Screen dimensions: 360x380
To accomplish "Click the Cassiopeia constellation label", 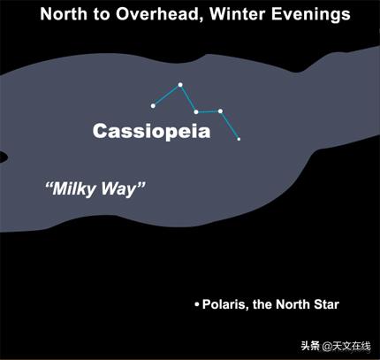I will pyautogui.click(x=152, y=132).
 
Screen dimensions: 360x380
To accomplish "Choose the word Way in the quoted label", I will pyautogui.click(x=124, y=189).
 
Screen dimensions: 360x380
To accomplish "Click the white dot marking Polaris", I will pyautogui.click(x=197, y=305).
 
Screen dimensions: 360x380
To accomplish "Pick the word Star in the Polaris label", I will pyautogui.click(x=324, y=305).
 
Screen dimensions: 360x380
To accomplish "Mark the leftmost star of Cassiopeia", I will pyautogui.click(x=153, y=106).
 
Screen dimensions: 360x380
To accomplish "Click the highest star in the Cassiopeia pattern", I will pyautogui.click(x=179, y=85).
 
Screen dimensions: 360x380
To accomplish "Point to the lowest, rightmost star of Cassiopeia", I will pyautogui.click(x=239, y=139).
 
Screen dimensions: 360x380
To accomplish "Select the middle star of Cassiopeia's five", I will pyautogui.click(x=196, y=112).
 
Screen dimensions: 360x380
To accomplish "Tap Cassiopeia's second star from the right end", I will pyautogui.click(x=220, y=111).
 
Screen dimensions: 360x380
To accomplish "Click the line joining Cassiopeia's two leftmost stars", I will pyautogui.click(x=166, y=96).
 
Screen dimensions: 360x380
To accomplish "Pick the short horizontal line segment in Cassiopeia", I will pyautogui.click(x=208, y=111).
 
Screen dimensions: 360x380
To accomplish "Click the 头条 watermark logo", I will pyautogui.click(x=310, y=345).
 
